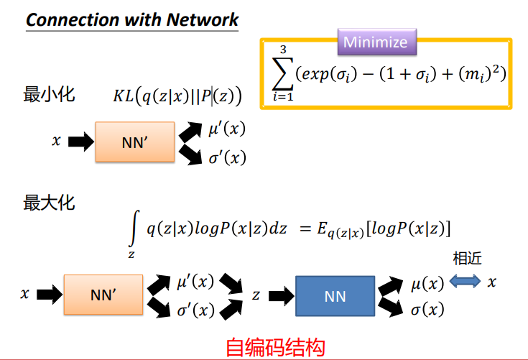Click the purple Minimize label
375,42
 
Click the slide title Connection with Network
131,19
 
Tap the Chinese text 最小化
49,96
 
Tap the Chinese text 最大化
49,203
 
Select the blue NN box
335,295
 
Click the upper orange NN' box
134,142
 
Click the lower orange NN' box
103,295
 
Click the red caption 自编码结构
275,347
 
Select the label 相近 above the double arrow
467,259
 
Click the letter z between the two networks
256,295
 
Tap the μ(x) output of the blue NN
426,283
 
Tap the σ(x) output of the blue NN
426,310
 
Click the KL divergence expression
177,96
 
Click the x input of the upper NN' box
56,142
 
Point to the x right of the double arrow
492,282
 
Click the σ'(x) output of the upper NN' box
226,157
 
